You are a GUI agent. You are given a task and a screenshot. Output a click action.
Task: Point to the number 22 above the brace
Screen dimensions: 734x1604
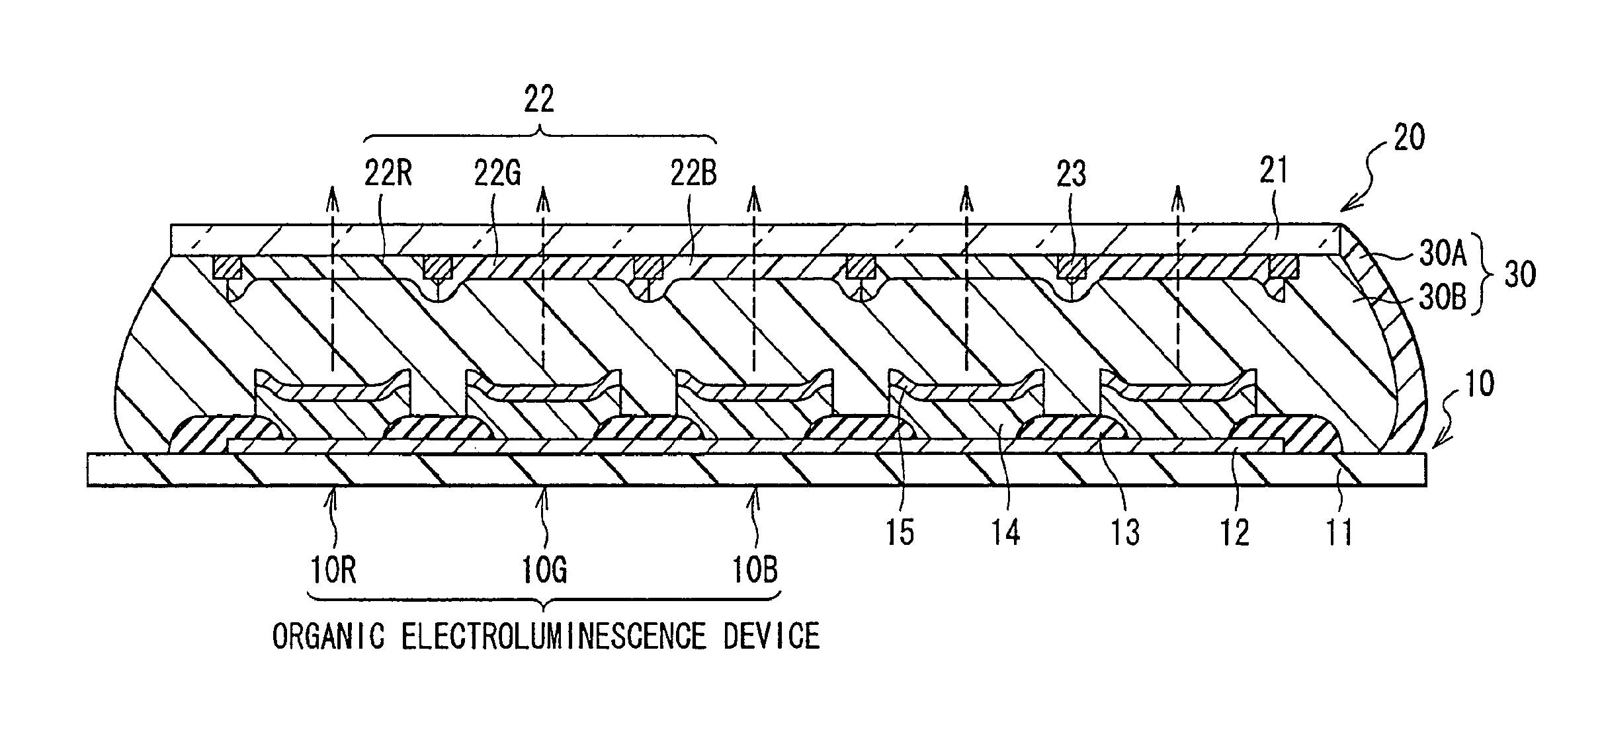click(x=538, y=101)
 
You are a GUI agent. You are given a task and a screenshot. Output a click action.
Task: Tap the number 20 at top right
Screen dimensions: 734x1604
click(x=1408, y=138)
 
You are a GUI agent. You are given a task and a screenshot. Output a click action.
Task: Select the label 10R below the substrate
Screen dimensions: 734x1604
click(x=333, y=570)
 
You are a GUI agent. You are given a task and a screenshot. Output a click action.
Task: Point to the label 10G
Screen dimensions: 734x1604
click(x=544, y=570)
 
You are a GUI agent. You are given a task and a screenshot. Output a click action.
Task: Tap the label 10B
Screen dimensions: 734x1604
click(x=755, y=570)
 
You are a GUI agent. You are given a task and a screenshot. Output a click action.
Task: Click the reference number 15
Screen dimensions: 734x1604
click(x=900, y=533)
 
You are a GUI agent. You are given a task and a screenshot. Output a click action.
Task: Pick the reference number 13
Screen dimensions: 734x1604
click(x=1125, y=533)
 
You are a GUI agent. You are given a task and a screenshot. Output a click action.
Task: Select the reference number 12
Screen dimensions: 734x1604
click(x=1234, y=533)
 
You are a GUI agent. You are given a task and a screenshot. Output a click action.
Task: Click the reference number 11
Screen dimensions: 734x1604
click(x=1339, y=533)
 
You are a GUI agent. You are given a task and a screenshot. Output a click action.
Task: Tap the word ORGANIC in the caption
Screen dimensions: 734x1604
click(x=328, y=636)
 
